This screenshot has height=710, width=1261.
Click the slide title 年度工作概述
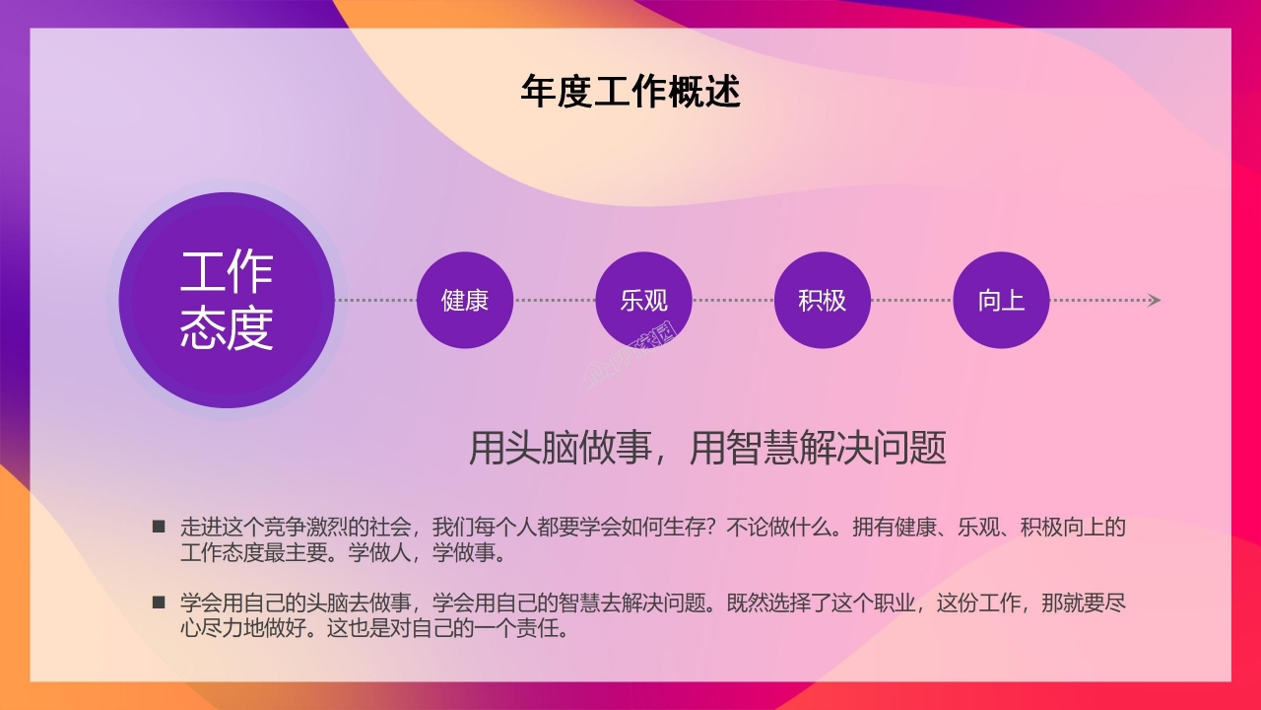pyautogui.click(x=630, y=92)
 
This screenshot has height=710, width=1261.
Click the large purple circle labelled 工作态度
pyautogui.click(x=227, y=300)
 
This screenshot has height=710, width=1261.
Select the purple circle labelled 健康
pyautogui.click(x=465, y=300)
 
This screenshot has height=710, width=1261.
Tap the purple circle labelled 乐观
pyautogui.click(x=643, y=300)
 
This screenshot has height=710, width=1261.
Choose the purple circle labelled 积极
pyautogui.click(x=823, y=300)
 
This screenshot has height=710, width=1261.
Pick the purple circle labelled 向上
pyautogui.click(x=1001, y=300)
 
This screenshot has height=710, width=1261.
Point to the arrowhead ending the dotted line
pyautogui.click(x=1155, y=300)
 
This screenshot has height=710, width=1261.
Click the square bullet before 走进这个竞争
pyautogui.click(x=159, y=527)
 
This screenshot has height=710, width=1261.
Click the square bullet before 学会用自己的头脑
pyautogui.click(x=159, y=602)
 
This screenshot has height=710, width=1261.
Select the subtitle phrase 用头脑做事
pyautogui.click(x=560, y=448)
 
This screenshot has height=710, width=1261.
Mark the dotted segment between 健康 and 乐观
pyautogui.click(x=554, y=300)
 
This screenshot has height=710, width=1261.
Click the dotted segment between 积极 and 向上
pyautogui.click(x=911, y=300)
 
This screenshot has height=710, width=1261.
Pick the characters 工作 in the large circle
pyautogui.click(x=227, y=272)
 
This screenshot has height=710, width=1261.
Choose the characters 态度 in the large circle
pyautogui.click(x=227, y=328)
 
